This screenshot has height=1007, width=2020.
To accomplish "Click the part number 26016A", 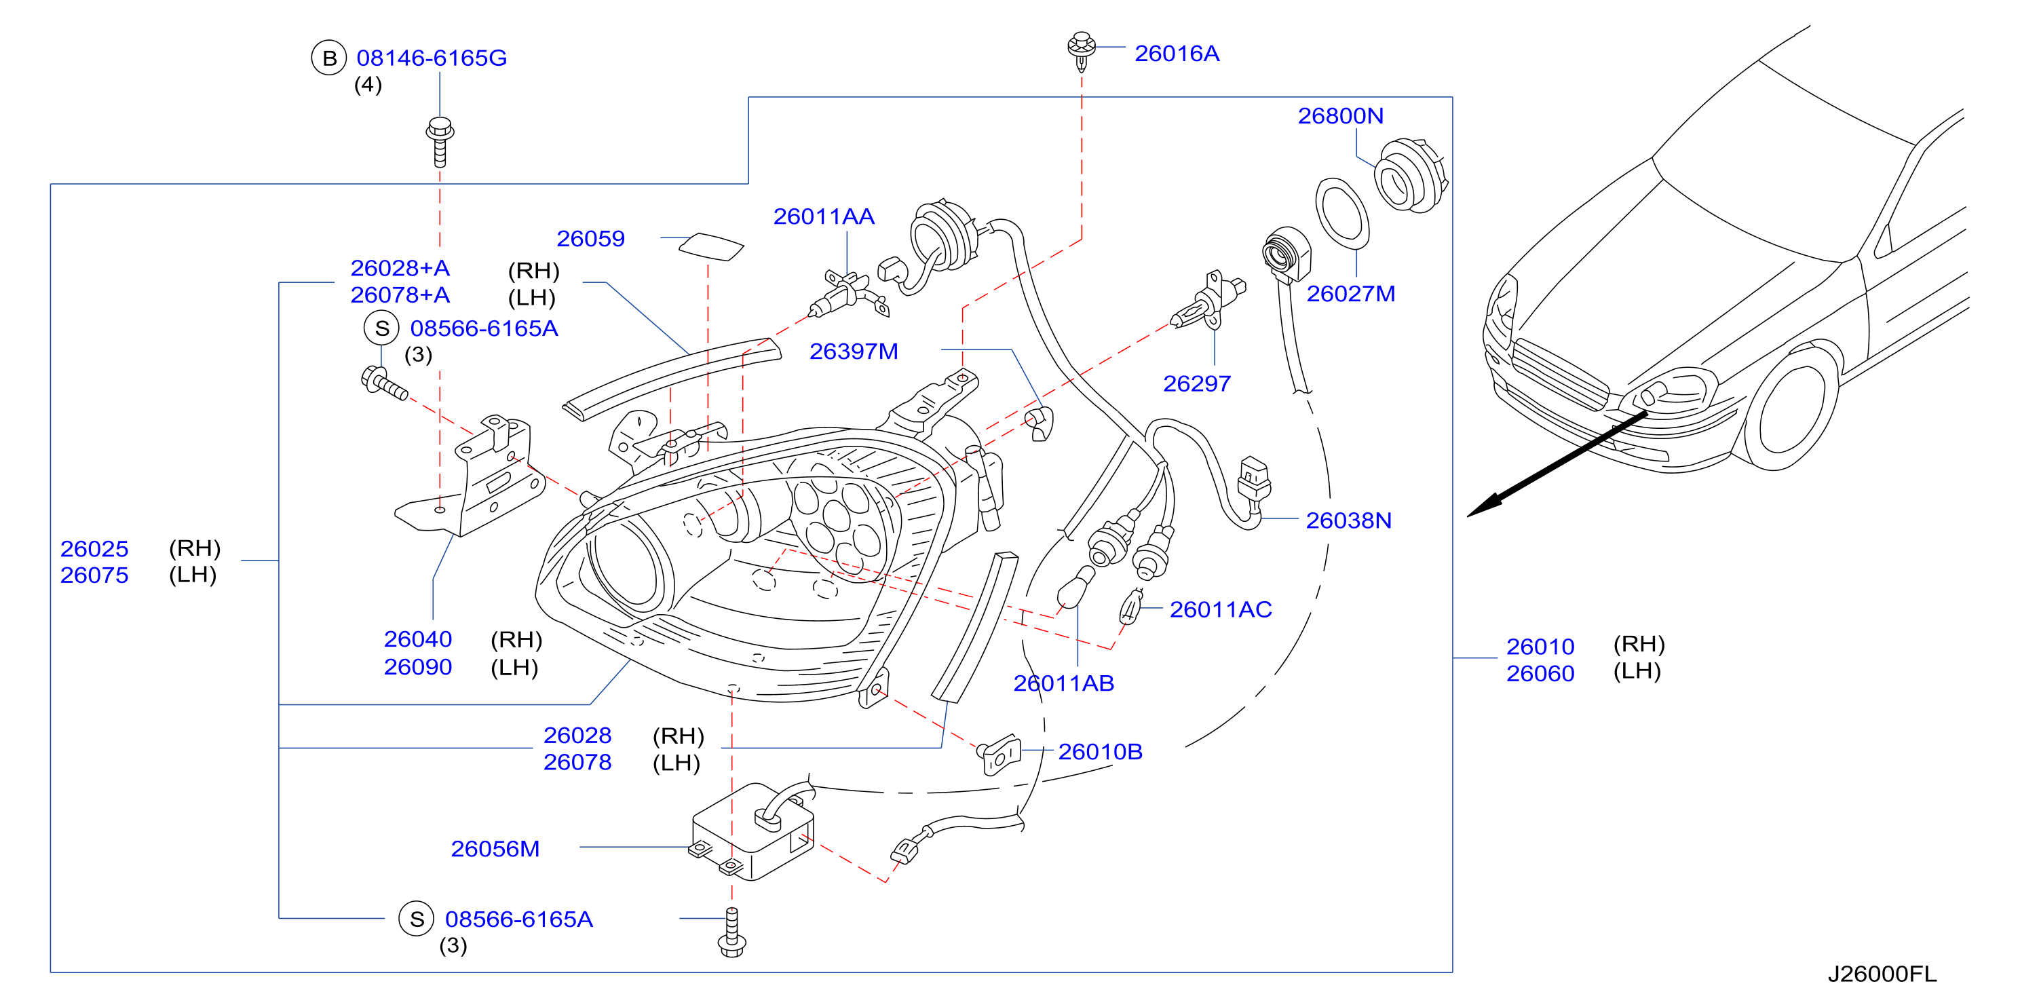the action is point(1177,54).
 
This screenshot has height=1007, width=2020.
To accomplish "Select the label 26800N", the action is point(1340,115).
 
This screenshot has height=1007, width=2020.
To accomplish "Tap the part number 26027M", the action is point(1350,293).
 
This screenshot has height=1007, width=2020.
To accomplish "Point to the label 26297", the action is point(1197,383).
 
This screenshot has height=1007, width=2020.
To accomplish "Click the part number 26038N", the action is point(1348,520).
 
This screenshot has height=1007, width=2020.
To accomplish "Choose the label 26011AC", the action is point(1220,609).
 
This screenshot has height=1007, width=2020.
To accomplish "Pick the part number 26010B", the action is point(1100,751).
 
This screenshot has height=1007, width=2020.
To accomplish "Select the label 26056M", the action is point(495,849).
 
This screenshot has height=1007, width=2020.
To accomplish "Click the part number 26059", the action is point(590,238).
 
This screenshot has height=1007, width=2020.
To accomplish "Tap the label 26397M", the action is point(853,351).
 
